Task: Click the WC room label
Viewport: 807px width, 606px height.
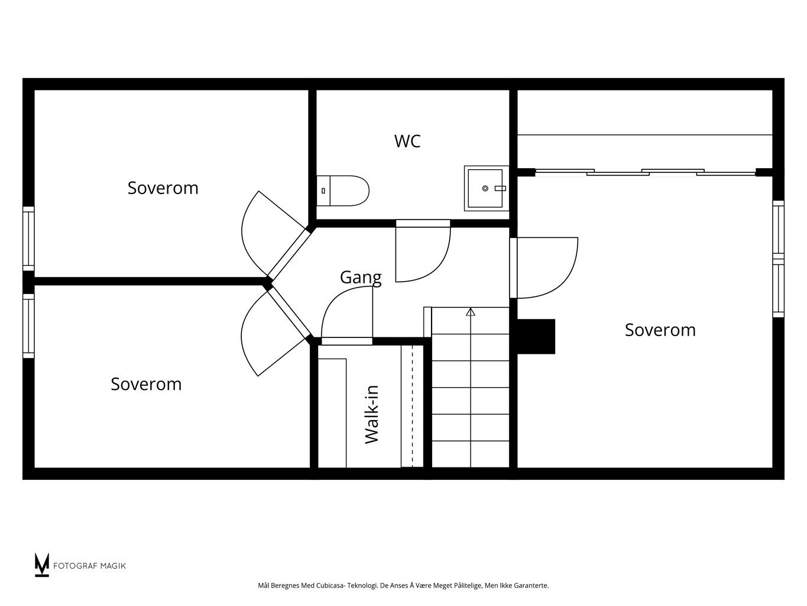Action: point(407,141)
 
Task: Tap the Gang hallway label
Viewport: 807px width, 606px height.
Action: point(361,278)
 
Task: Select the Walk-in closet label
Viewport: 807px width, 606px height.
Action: point(372,415)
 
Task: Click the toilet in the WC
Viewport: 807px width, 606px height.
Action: point(343,191)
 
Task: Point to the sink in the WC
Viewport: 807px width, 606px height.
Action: point(487,188)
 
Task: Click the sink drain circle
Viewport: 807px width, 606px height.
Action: point(485,188)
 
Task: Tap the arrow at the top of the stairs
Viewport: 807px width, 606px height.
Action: point(471,312)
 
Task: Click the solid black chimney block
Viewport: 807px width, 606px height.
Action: point(536,337)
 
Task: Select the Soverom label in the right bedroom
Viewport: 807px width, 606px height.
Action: point(660,330)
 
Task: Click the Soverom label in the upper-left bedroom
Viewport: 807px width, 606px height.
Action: point(163,188)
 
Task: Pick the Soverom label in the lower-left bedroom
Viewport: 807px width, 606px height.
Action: point(147,384)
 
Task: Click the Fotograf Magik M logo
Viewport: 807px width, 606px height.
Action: point(42,565)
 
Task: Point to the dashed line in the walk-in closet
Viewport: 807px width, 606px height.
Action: point(412,406)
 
